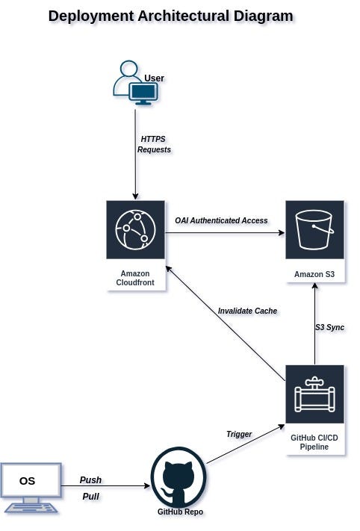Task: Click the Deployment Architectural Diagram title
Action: coord(170,16)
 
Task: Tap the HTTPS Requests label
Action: coord(154,144)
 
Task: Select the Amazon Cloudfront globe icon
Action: coord(135,229)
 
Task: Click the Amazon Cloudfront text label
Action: coord(135,278)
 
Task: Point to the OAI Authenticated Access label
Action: coord(221,220)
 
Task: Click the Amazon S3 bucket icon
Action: coord(314,229)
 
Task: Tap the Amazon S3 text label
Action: coord(314,274)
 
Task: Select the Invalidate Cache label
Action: coord(247,311)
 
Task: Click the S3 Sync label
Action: coord(329,327)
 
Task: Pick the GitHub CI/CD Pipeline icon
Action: coord(314,394)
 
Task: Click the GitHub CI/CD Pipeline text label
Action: coord(314,442)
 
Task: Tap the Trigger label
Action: coord(239,434)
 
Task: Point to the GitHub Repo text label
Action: coord(180,512)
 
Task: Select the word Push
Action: coord(90,480)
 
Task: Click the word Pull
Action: coord(90,496)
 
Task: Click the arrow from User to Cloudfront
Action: coord(135,164)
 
